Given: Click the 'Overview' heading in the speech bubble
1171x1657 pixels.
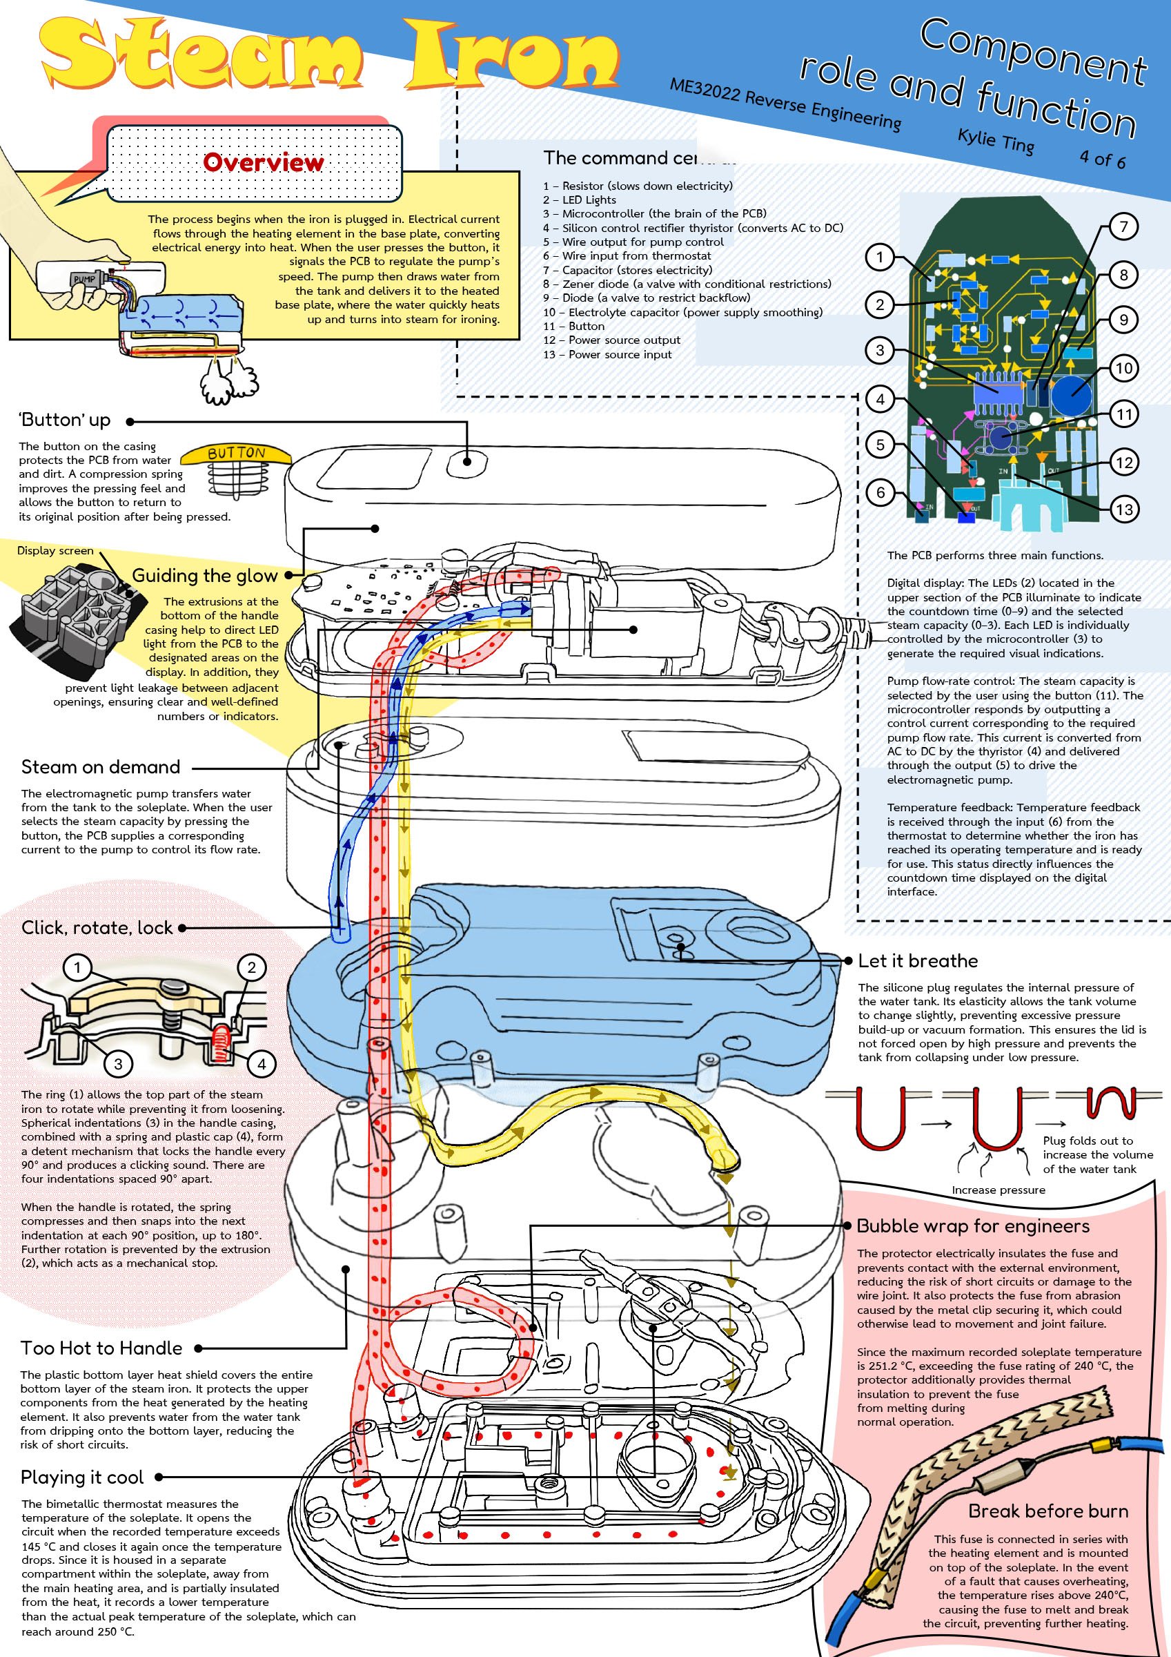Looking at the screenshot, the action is pos(264,162).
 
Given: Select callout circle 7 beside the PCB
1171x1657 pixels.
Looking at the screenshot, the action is pos(1123,226).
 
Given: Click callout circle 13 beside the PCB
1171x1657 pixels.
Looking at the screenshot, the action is pos(1124,510).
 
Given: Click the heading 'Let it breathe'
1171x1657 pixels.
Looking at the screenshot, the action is pos(918,960).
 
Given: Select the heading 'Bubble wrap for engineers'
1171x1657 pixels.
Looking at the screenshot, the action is pos(972,1225).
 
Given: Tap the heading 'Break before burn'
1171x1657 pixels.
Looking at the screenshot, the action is pos(1047,1511).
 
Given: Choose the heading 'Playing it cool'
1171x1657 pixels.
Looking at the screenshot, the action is pos(82,1477).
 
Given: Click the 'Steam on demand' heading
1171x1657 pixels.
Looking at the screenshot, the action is pos(100,766).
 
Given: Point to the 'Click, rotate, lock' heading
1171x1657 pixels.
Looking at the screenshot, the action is pos(97,927).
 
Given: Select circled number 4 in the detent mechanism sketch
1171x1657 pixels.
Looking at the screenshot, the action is pos(262,1063).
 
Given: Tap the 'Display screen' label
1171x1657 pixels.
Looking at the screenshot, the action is pos(56,551).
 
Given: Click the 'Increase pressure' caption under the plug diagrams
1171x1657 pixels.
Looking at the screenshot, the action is pos(998,1190).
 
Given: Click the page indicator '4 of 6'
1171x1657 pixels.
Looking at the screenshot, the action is pos(1103,158).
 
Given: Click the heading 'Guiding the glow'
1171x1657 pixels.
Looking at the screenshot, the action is pos(205,575).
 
